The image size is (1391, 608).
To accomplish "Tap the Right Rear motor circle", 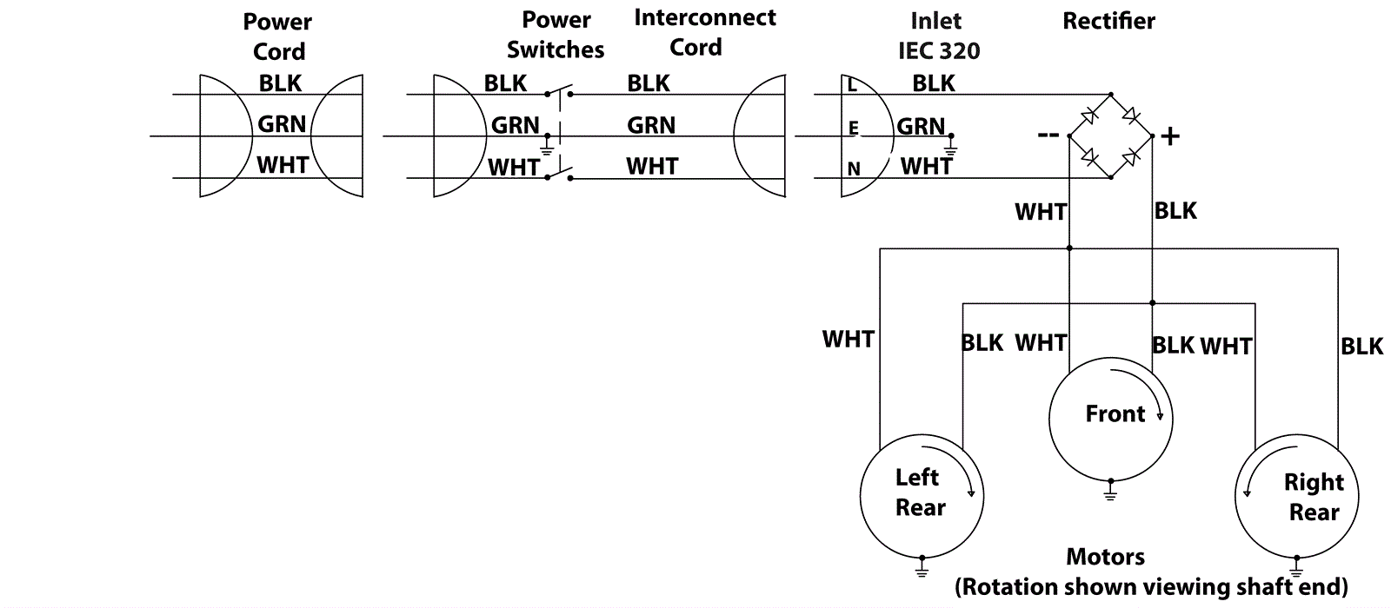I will [1297, 497].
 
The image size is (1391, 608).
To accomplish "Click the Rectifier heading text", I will [1108, 22].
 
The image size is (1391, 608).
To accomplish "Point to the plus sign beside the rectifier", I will [1170, 136].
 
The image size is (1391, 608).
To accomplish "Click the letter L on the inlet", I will [852, 85].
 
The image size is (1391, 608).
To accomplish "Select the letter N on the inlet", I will [854, 169].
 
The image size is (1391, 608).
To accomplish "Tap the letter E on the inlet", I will [854, 129].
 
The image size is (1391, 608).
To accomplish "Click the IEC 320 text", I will [938, 50].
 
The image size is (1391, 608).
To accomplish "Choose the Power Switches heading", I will [556, 35].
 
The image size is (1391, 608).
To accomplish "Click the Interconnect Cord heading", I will [704, 33].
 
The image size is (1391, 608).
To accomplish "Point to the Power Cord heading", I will [278, 36].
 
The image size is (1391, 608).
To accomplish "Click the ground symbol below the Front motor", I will [1110, 492].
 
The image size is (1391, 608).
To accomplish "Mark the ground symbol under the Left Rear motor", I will [922, 569].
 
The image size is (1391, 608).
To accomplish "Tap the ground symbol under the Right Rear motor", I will [1297, 569].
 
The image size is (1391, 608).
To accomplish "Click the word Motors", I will [1105, 557].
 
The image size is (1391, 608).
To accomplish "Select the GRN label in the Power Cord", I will [282, 124].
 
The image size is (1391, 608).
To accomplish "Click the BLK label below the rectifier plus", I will [1175, 211].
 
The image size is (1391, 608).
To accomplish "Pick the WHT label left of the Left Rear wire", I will [848, 339].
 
